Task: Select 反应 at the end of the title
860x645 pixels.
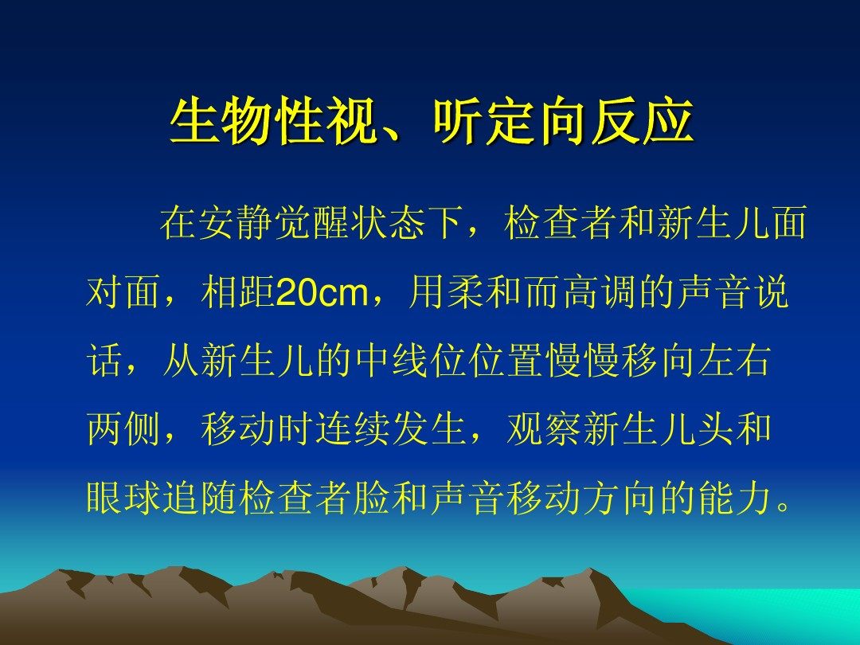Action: pos(643,121)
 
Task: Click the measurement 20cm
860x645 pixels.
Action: pos(322,292)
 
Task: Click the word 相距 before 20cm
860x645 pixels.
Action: pos(238,292)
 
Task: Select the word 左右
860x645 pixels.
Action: pos(734,361)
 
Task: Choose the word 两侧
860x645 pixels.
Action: pos(123,429)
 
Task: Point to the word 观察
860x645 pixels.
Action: pos(544,429)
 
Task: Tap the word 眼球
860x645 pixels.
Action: pos(123,498)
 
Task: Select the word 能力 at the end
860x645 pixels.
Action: pos(735,498)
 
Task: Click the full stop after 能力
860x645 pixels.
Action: pos(784,508)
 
